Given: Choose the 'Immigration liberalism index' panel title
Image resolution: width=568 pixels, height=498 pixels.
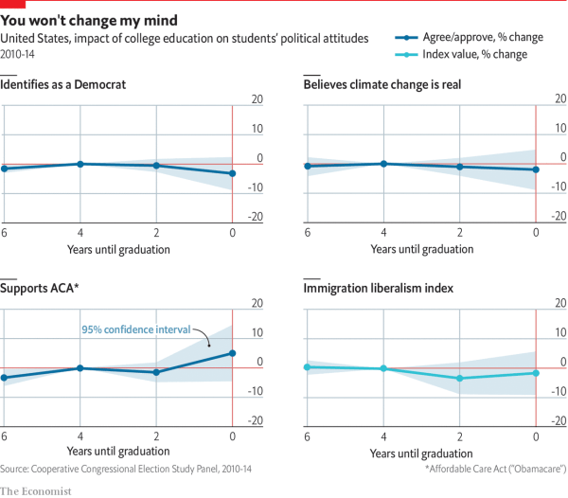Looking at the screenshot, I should tap(379, 288).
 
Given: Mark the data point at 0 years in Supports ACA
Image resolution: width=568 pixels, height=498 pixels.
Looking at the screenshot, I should tap(233, 353).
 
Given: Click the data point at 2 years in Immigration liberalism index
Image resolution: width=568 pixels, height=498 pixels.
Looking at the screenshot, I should tap(460, 378).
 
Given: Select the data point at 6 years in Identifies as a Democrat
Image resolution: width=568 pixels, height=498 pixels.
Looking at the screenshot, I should tap(5, 169).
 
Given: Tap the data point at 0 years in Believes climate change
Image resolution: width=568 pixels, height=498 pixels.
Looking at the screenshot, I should tap(536, 169).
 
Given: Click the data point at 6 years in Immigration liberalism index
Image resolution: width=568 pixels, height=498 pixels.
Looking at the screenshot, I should tap(307, 366).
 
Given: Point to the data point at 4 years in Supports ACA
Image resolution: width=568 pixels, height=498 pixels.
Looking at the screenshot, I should tap(80, 368).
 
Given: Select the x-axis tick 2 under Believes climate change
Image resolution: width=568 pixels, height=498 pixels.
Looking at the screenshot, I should tap(460, 232).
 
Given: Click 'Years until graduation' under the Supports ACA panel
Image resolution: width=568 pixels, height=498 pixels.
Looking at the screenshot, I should tap(118, 452).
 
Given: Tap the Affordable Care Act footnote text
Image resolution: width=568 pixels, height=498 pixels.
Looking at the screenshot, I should tap(495, 469).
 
